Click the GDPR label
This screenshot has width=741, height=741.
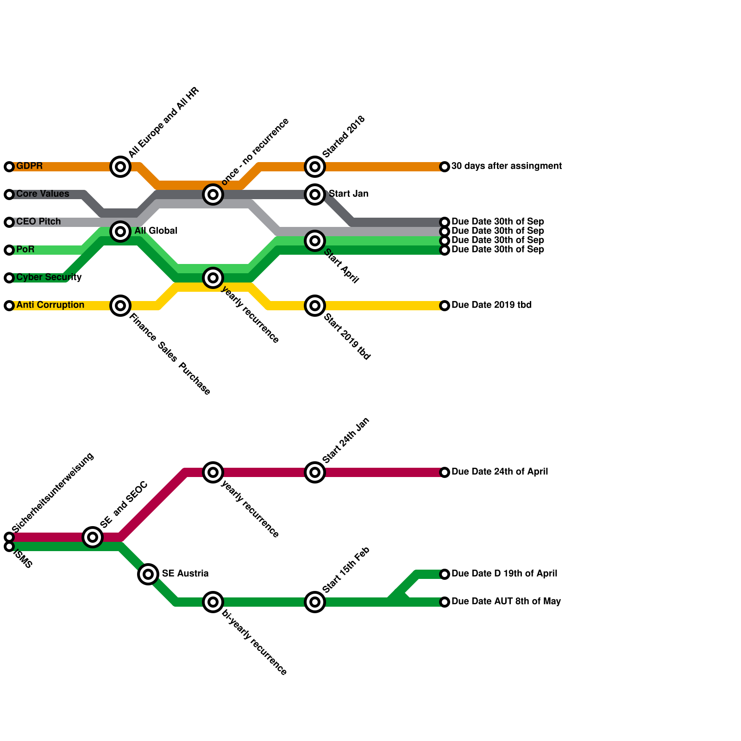[x=30, y=166]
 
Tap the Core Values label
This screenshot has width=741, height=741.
[x=43, y=194]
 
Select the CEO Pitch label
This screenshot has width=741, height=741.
[x=38, y=222]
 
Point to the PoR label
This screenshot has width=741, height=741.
[x=25, y=250]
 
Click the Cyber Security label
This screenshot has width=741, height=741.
[x=49, y=277]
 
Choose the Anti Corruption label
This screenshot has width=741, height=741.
[x=50, y=305]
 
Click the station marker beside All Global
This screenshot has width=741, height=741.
[x=120, y=231]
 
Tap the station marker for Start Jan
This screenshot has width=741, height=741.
[x=315, y=194]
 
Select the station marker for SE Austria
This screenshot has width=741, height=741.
[x=148, y=574]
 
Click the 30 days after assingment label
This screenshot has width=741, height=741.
[x=506, y=166]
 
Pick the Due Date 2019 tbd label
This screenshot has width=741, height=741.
[x=491, y=305]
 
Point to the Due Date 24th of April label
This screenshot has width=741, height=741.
[x=499, y=472]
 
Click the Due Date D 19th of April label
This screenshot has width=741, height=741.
[x=504, y=574]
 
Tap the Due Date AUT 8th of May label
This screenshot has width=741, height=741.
[x=506, y=602]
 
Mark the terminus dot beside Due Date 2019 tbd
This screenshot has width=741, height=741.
[x=445, y=306]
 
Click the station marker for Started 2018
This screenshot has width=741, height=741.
[x=315, y=166]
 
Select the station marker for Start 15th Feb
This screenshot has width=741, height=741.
[x=315, y=602]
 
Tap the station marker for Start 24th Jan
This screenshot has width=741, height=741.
[x=315, y=472]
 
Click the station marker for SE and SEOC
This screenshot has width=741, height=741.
[x=93, y=537]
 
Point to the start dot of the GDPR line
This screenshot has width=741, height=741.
[x=9, y=167]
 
